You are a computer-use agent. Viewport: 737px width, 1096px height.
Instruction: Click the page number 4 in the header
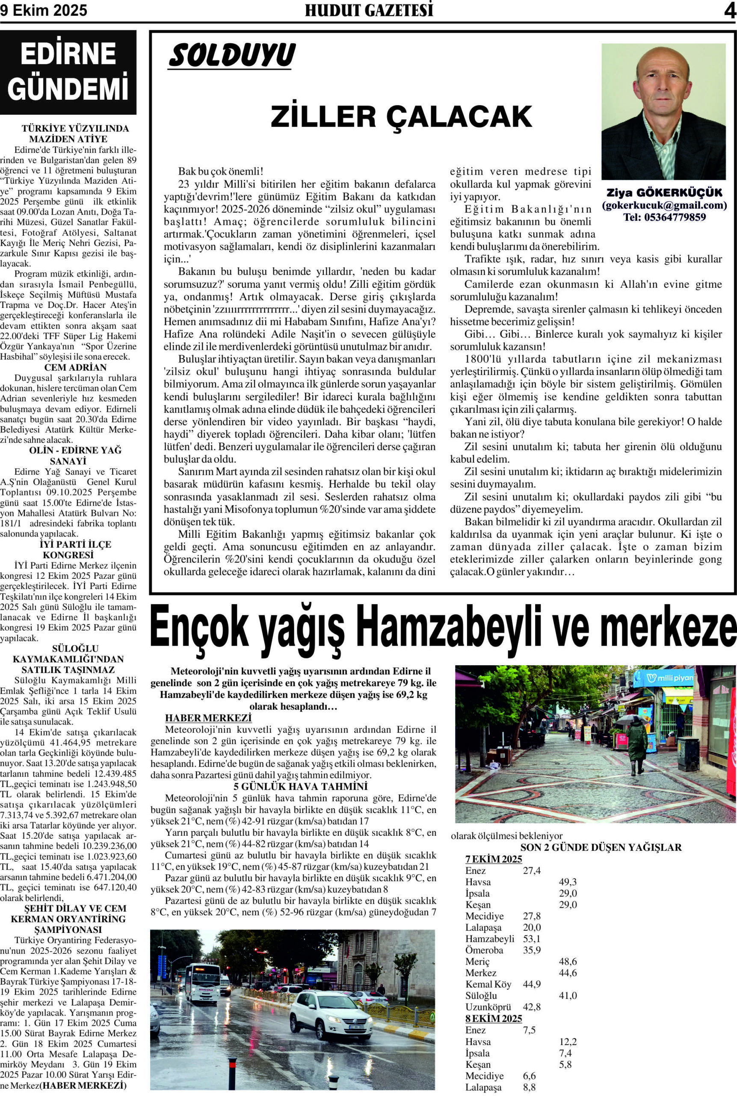(729, 11)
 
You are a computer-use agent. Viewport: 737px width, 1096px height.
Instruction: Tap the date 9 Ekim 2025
(44, 11)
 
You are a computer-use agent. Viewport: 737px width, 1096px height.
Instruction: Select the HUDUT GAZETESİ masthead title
(369, 10)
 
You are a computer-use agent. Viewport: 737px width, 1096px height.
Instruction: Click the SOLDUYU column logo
(232, 56)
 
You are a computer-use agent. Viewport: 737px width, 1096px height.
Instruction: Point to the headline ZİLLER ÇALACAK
(401, 116)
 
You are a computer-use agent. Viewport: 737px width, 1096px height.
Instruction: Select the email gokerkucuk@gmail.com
(664, 205)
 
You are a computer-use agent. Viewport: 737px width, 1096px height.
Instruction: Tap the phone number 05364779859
(664, 217)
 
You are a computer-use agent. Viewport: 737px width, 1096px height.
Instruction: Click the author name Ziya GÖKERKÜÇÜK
(664, 193)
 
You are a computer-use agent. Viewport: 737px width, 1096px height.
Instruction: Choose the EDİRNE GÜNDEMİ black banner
(68, 72)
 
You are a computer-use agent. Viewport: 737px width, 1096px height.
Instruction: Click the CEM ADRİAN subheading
(75, 367)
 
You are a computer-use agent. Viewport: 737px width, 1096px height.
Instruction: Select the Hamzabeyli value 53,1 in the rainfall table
(532, 938)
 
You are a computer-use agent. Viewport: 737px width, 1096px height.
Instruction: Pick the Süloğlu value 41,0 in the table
(568, 995)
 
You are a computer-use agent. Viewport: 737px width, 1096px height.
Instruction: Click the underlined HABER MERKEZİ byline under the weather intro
(208, 718)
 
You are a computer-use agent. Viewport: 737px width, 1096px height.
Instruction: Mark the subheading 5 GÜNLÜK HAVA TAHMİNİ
(301, 786)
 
